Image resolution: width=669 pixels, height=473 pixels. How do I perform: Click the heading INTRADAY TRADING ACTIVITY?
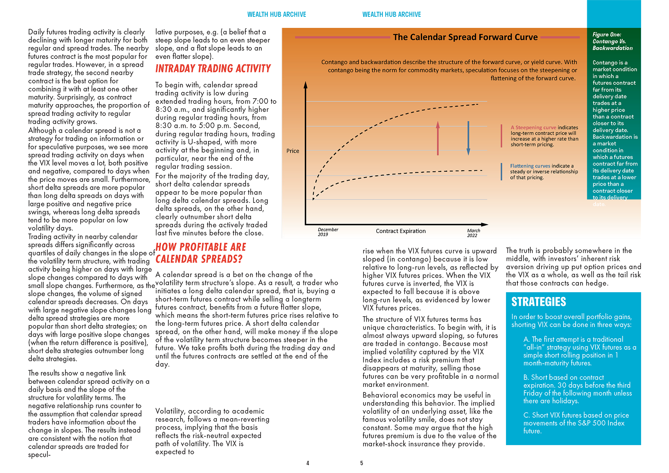pyautogui.click(x=213, y=68)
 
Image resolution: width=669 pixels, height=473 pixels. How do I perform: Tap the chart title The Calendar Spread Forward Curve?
pyautogui.click(x=465, y=37)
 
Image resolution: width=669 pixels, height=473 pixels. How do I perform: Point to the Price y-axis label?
pyautogui.click(x=293, y=151)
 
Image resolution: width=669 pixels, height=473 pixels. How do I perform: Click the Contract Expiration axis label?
pyautogui.click(x=401, y=231)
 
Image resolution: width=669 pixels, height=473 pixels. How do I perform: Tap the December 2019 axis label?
pyautogui.click(x=328, y=232)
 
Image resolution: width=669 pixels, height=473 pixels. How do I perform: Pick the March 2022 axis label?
pyautogui.click(x=473, y=233)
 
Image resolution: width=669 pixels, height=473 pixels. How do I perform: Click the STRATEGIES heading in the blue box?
pyautogui.click(x=538, y=302)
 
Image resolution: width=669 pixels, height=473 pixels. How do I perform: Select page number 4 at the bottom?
pyautogui.click(x=308, y=463)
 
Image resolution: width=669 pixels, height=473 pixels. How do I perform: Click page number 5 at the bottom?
pyautogui.click(x=362, y=463)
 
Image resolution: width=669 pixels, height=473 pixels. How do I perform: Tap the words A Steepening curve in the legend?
pyautogui.click(x=533, y=127)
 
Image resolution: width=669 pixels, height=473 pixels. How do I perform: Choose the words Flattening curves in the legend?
pyautogui.click(x=530, y=166)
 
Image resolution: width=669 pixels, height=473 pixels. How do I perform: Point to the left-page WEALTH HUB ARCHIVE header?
pyautogui.click(x=277, y=14)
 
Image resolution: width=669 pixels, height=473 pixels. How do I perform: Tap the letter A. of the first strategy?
pyautogui.click(x=526, y=339)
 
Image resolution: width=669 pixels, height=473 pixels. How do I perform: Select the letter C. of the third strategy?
pyautogui.click(x=526, y=415)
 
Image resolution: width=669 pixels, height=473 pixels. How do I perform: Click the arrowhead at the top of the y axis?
pyautogui.click(x=306, y=84)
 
